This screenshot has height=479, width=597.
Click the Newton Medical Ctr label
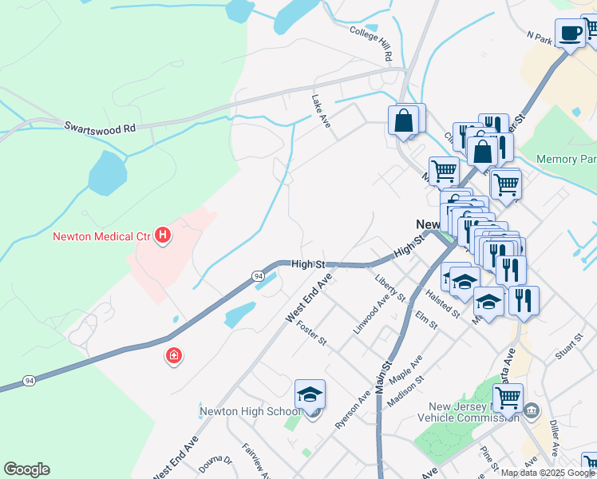tap(103, 236)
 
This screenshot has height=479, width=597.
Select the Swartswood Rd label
tap(100, 127)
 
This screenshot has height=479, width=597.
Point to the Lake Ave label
tap(321, 112)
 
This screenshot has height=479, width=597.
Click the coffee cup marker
tap(571, 34)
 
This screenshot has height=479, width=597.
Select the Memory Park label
tap(566, 160)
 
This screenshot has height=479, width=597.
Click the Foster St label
tap(312, 332)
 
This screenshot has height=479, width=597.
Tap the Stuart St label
tap(566, 348)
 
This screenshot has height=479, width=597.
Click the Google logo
tap(26, 469)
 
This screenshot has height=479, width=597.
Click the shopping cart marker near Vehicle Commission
tap(508, 397)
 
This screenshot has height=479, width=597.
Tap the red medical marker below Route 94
tap(173, 356)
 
